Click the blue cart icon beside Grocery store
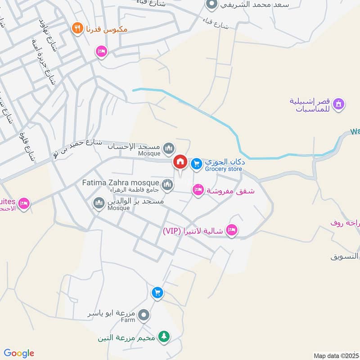tap(196, 164)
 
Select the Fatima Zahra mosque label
tap(121, 183)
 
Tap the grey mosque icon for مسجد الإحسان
tap(169, 147)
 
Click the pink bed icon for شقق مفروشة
tap(198, 190)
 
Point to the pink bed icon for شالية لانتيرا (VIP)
tap(232, 230)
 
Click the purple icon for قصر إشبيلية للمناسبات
tap(339, 104)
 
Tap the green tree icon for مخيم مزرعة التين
tap(165, 337)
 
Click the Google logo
tap(19, 353)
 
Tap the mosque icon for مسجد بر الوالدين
tap(99, 204)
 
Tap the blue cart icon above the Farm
tap(157, 293)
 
